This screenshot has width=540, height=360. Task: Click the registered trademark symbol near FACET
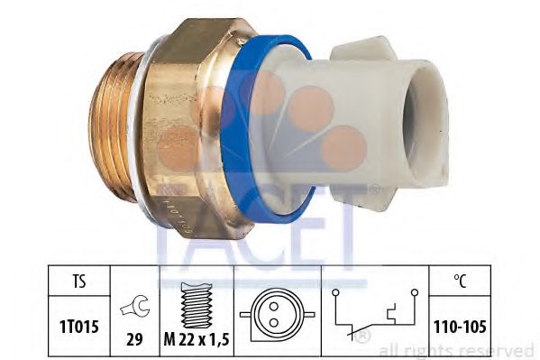pos(373,189)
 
